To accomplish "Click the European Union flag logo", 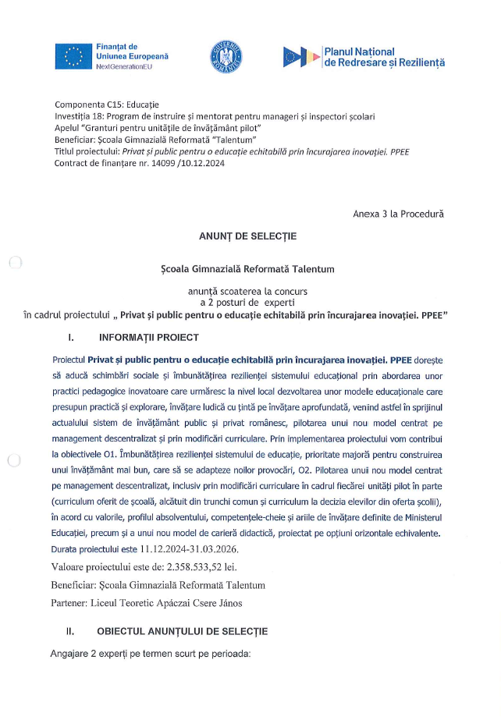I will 73,57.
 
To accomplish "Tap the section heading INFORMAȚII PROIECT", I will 149,338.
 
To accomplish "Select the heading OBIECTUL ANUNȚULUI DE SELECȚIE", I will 183,630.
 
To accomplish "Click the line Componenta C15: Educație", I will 106,105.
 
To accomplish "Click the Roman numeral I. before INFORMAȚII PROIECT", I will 71,338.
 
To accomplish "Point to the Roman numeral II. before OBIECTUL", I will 69,630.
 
